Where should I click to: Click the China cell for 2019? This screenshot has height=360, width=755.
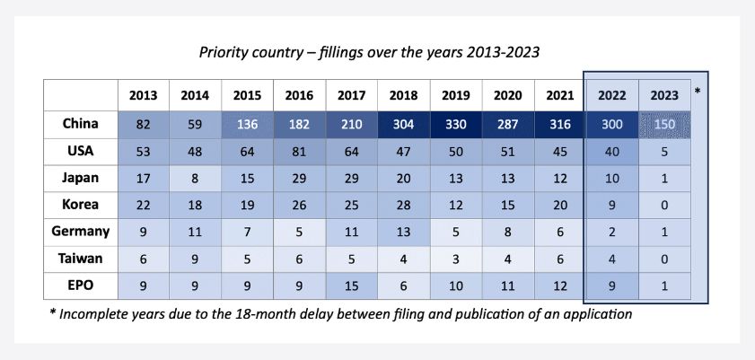[455, 125]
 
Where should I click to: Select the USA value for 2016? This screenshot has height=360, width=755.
[300, 152]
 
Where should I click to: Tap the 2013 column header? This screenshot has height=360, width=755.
[144, 95]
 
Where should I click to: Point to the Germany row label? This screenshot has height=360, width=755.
[81, 232]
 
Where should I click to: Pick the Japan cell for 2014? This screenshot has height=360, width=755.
[195, 179]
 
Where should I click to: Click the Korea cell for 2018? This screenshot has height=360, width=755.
[403, 205]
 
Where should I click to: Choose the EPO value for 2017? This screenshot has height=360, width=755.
[352, 285]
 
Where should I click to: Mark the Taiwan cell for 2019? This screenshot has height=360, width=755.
[455, 259]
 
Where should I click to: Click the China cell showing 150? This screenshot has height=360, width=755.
[664, 125]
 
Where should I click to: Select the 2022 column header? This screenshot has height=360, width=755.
[612, 95]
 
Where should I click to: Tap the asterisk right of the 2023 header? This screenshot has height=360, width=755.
[698, 90]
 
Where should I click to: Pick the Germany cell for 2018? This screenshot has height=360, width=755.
[403, 232]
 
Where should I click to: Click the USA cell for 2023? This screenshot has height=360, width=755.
[664, 152]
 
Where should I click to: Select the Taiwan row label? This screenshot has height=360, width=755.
[81, 259]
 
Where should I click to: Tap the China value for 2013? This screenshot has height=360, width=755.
[144, 125]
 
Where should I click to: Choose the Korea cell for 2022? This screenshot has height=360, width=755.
[612, 205]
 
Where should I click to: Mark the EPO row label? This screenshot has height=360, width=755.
[81, 285]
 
